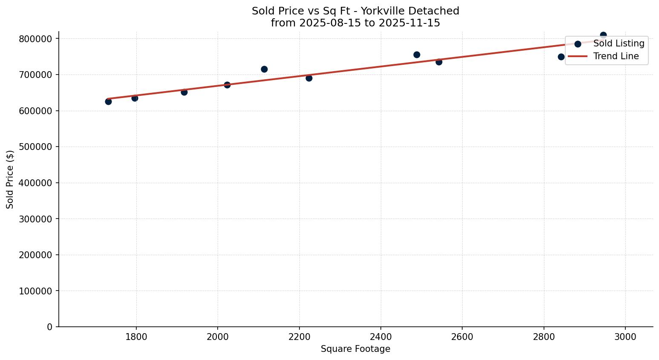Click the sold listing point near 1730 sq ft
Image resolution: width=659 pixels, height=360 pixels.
[108, 101]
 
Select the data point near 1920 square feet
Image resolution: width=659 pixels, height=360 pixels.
[184, 92]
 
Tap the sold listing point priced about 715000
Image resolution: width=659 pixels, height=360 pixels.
[264, 69]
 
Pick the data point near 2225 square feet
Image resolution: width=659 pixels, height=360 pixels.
[309, 78]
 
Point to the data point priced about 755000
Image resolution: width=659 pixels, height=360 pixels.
[417, 55]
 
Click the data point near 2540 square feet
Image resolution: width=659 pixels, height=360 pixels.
[439, 62]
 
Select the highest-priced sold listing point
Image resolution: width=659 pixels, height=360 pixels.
[603, 35]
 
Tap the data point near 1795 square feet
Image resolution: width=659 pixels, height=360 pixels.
[135, 98]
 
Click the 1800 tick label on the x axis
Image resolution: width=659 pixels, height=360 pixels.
[136, 337]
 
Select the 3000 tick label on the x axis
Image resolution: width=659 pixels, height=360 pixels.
[625, 337]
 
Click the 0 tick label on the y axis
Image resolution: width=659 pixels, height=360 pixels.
[50, 327]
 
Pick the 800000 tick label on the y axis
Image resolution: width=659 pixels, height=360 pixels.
[36, 39]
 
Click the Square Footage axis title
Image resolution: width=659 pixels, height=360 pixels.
[355, 349]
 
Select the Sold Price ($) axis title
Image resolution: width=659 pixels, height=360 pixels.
[10, 179]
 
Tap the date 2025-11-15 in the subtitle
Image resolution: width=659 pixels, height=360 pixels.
[409, 23]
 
